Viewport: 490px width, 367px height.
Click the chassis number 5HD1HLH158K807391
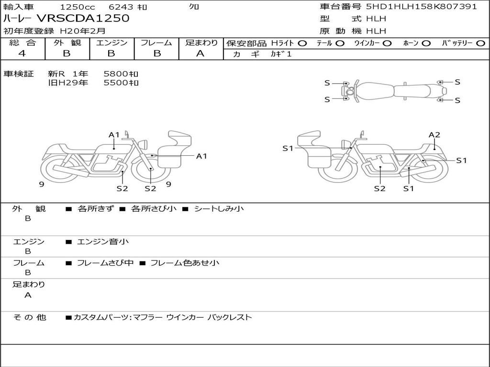coord(422,7)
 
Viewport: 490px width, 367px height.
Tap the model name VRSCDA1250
coord(83,19)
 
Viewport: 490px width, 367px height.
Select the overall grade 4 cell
coord(22,54)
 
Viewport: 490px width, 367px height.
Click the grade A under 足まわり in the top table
coord(200,54)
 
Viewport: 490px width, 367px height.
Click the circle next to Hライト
coord(302,43)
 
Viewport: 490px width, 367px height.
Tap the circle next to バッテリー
coord(480,43)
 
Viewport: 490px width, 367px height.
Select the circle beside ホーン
coord(426,43)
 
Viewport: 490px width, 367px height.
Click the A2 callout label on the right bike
coord(434,135)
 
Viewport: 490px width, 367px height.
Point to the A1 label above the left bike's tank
coord(114,135)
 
